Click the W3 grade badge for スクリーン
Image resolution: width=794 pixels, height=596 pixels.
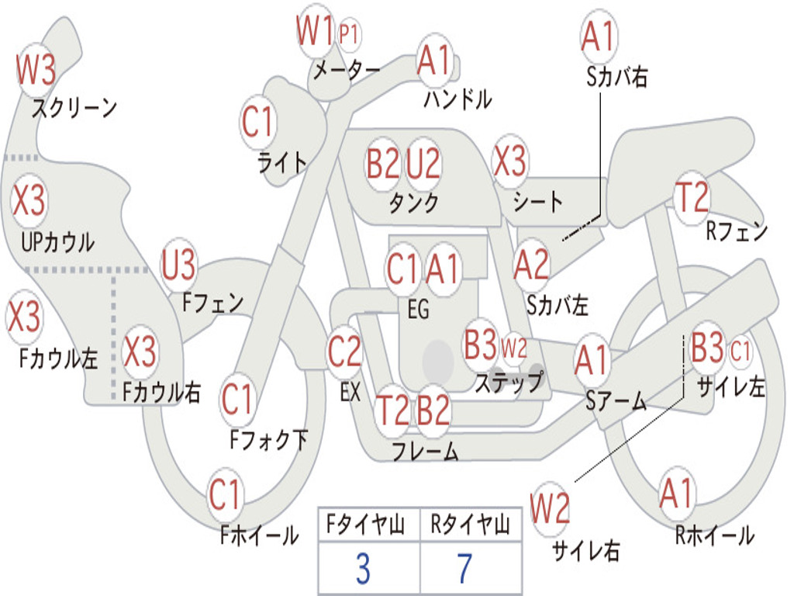(36, 71)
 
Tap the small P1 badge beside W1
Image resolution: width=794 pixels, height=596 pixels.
(350, 34)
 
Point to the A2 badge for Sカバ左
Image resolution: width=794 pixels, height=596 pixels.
(532, 265)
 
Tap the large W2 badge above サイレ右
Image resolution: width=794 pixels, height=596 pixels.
(551, 509)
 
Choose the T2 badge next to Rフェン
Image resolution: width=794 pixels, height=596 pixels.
(692, 198)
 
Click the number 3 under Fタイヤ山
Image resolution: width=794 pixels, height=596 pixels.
(362, 569)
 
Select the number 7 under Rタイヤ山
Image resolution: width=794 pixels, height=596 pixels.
(464, 569)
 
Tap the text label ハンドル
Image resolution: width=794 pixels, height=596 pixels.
(457, 99)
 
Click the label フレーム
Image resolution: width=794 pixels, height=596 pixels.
(425, 451)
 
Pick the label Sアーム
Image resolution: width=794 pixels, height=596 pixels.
(617, 401)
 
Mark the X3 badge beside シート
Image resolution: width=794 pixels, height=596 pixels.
(509, 162)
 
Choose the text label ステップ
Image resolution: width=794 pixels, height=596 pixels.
(509, 383)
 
